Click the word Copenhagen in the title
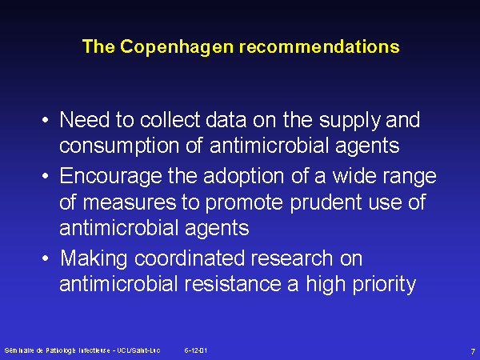point(178,47)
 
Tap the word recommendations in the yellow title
point(319,46)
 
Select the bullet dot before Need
point(46,120)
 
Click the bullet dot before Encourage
point(46,176)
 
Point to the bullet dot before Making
point(46,258)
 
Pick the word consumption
point(119,146)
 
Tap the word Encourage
point(110,177)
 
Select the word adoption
point(244,177)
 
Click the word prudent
point(326,203)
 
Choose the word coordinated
point(190,258)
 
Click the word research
point(292,259)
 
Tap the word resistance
point(233,284)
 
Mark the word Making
point(94,259)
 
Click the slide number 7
point(473,351)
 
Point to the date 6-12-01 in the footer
point(196,350)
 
